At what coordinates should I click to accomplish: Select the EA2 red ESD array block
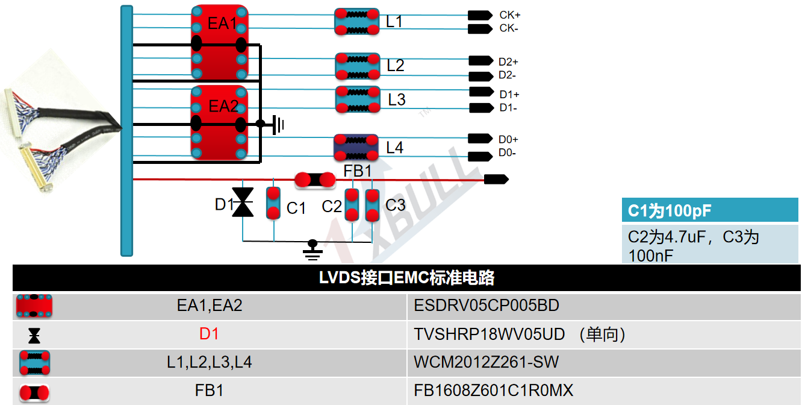click(219, 123)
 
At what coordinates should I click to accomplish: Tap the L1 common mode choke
click(357, 21)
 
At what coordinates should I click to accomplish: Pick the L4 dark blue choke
click(356, 147)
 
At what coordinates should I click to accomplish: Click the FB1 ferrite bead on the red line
click(314, 180)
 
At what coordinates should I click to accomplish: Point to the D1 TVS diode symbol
click(243, 202)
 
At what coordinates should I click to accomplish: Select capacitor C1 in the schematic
click(273, 203)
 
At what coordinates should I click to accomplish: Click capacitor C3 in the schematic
click(373, 205)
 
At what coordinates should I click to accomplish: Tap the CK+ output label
click(509, 14)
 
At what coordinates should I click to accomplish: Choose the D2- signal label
click(507, 75)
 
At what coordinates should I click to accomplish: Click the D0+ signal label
click(508, 139)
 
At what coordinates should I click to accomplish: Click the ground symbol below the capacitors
click(312, 249)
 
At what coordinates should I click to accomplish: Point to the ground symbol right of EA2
click(278, 125)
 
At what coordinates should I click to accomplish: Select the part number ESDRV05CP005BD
click(486, 306)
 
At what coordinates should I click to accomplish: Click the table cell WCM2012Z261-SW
click(486, 362)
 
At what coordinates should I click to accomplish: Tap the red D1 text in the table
click(209, 334)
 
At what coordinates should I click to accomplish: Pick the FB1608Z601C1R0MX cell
click(493, 391)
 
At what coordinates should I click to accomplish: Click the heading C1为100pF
click(670, 211)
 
